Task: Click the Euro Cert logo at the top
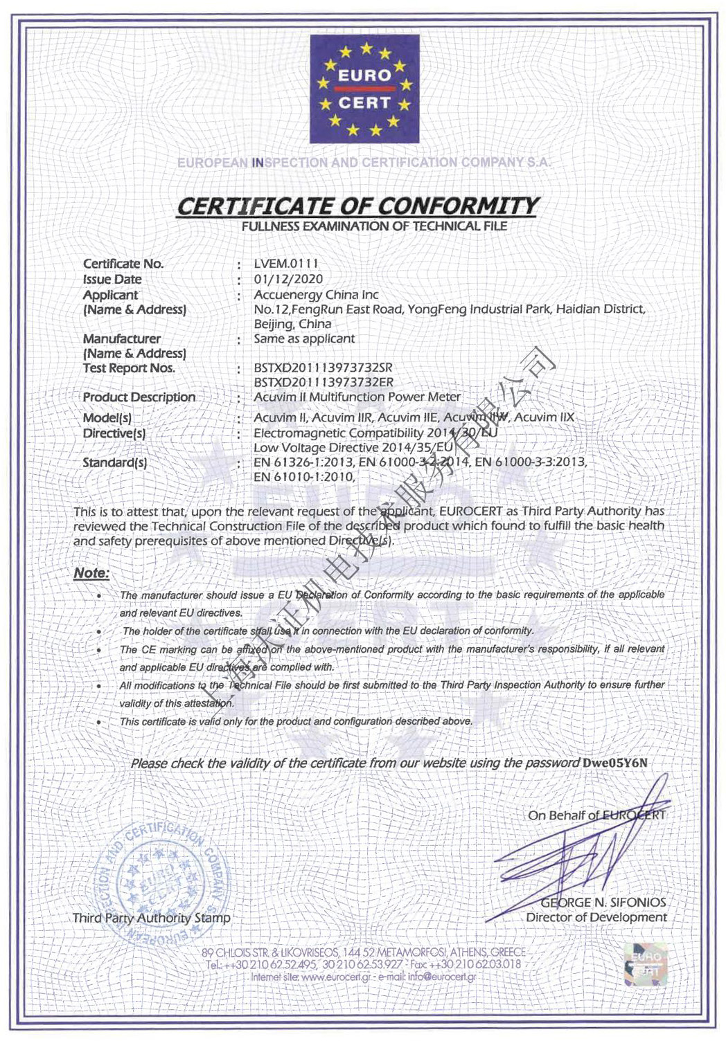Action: pyautogui.click(x=364, y=89)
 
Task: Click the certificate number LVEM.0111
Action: pyautogui.click(x=286, y=264)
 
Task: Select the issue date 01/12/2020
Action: pyautogui.click(x=288, y=279)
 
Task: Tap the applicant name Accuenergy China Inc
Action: pyautogui.click(x=316, y=294)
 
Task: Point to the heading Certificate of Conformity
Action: pyautogui.click(x=357, y=206)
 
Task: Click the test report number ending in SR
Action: pyautogui.click(x=324, y=368)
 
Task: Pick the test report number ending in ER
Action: pyautogui.click(x=324, y=382)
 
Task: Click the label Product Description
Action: pyautogui.click(x=139, y=397)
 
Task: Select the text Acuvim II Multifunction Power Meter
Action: pyautogui.click(x=357, y=397)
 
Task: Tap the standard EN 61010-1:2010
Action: pyautogui.click(x=304, y=477)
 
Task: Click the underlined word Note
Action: pyautogui.click(x=91, y=573)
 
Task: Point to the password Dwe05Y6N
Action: pyautogui.click(x=615, y=763)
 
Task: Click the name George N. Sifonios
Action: pyautogui.click(x=603, y=903)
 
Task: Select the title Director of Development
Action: pyautogui.click(x=596, y=918)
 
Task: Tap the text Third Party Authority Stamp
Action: pyautogui.click(x=151, y=918)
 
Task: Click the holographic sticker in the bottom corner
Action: pyautogui.click(x=646, y=964)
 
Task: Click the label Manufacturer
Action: pyautogui.click(x=122, y=338)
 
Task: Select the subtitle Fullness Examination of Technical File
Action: pyautogui.click(x=374, y=226)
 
